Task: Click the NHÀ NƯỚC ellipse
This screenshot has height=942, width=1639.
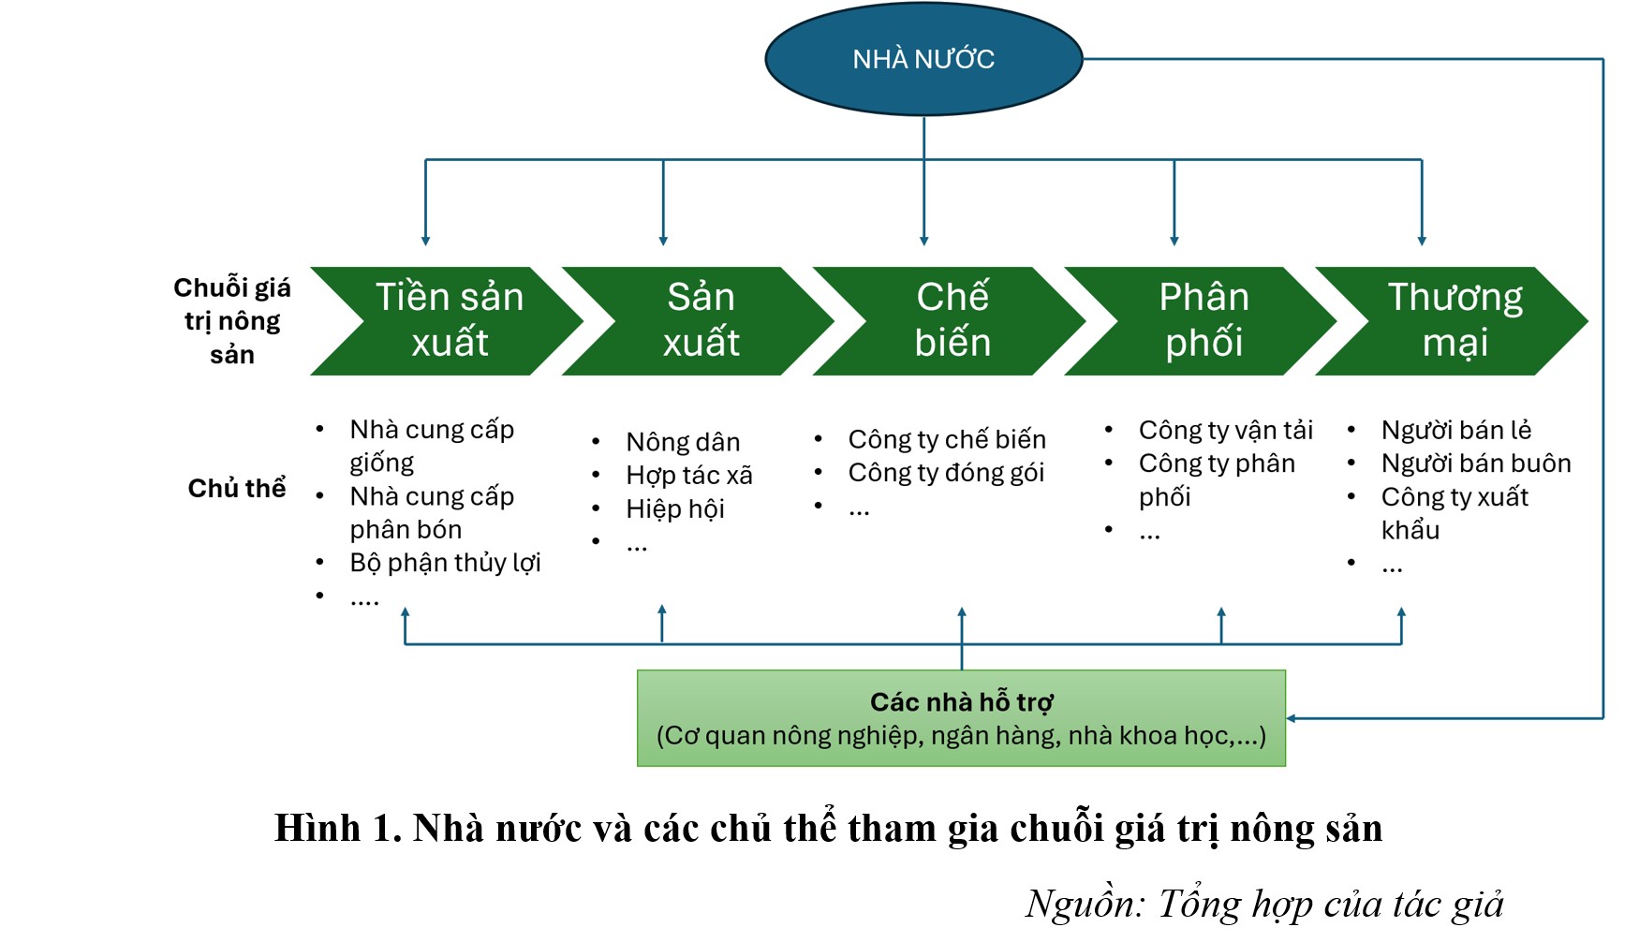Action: [923, 59]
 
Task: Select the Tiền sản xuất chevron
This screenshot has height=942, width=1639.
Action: [449, 320]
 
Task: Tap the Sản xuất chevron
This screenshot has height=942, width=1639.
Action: [701, 320]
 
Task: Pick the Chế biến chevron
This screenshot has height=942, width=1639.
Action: [952, 320]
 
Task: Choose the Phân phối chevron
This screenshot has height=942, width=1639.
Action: [1203, 320]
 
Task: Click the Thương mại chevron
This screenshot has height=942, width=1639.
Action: [1454, 320]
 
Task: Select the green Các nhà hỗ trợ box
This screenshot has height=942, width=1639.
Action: [961, 718]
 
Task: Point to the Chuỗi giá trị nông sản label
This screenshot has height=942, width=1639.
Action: [232, 320]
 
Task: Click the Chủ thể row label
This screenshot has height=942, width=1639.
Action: [237, 488]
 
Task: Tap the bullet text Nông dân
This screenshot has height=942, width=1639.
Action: [683, 442]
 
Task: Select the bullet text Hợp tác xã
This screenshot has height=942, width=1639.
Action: [689, 476]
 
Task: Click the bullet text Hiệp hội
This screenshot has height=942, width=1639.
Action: [675, 509]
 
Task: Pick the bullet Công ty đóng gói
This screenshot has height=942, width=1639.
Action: [946, 473]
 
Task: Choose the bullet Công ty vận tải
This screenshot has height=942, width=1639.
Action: [1225, 430]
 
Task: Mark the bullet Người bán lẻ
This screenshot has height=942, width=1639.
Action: [1456, 430]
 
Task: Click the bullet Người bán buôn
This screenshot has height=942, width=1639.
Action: [1476, 464]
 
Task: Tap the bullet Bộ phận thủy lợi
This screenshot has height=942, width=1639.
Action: [445, 563]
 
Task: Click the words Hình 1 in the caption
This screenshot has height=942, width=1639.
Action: [337, 829]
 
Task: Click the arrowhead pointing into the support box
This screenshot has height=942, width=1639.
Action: [1292, 718]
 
